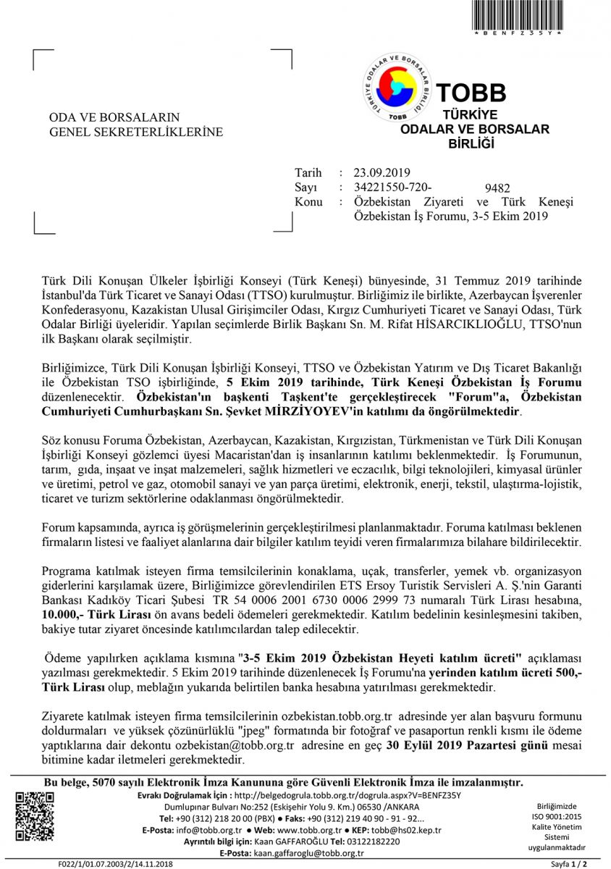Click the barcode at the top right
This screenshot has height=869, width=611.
527,15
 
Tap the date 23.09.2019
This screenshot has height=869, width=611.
382,172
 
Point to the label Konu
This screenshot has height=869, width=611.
308,202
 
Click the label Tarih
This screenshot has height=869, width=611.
308,172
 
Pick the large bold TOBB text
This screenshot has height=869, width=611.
471,93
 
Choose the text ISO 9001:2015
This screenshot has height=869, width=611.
555,815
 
